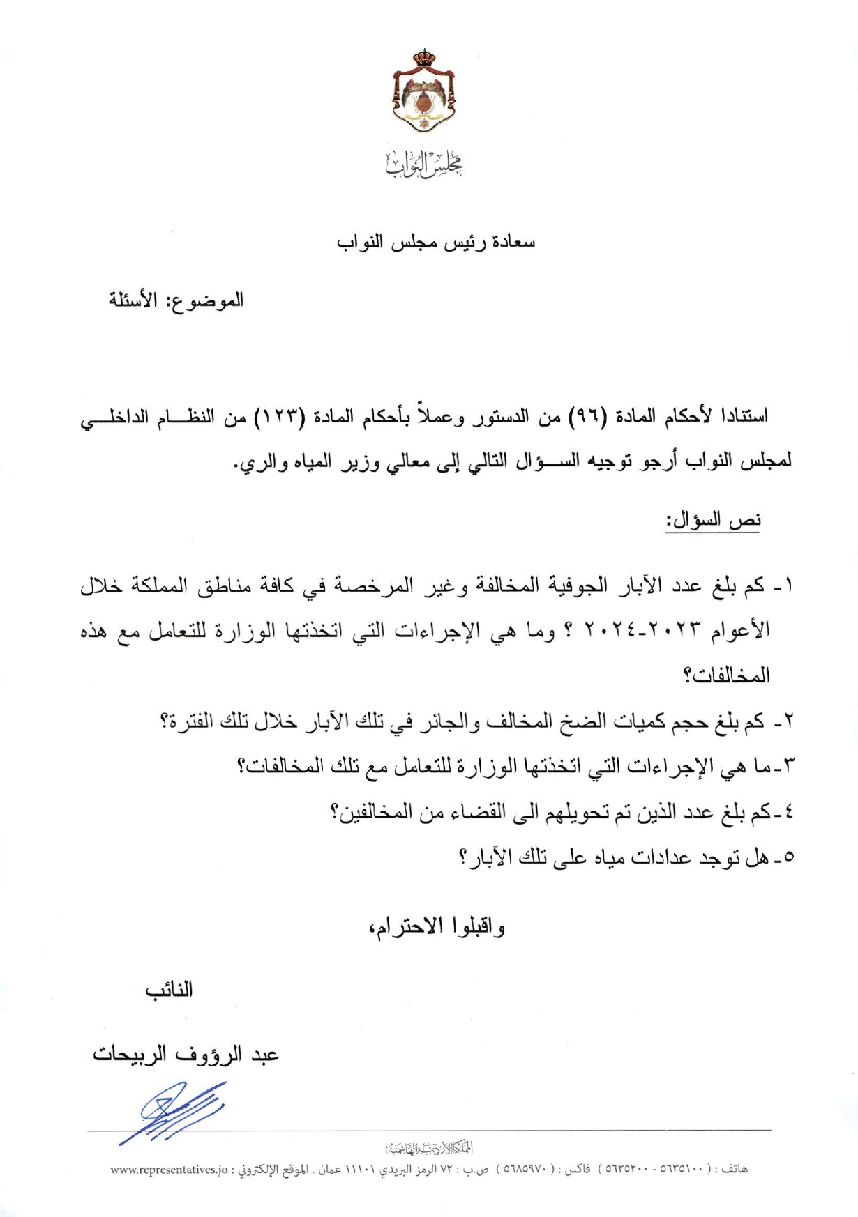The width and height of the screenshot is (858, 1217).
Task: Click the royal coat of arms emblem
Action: pyautogui.click(x=424, y=91)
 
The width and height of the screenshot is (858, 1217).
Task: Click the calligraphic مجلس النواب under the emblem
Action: pyautogui.click(x=425, y=163)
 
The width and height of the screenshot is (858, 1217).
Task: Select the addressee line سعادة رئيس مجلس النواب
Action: pyautogui.click(x=436, y=243)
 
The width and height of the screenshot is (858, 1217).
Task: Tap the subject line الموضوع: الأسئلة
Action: pyautogui.click(x=175, y=300)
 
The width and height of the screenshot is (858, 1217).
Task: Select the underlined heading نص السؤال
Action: pyautogui.click(x=713, y=520)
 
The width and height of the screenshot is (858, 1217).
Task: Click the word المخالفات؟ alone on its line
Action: pyautogui.click(x=726, y=675)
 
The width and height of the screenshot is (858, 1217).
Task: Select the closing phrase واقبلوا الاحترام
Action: pyautogui.click(x=437, y=926)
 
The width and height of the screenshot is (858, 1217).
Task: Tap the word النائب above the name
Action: pyautogui.click(x=169, y=990)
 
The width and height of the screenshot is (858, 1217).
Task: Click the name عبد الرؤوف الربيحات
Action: pyautogui.click(x=186, y=1054)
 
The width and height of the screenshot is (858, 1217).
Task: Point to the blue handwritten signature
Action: pyautogui.click(x=174, y=1112)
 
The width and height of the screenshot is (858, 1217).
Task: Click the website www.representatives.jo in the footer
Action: pyautogui.click(x=170, y=1169)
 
